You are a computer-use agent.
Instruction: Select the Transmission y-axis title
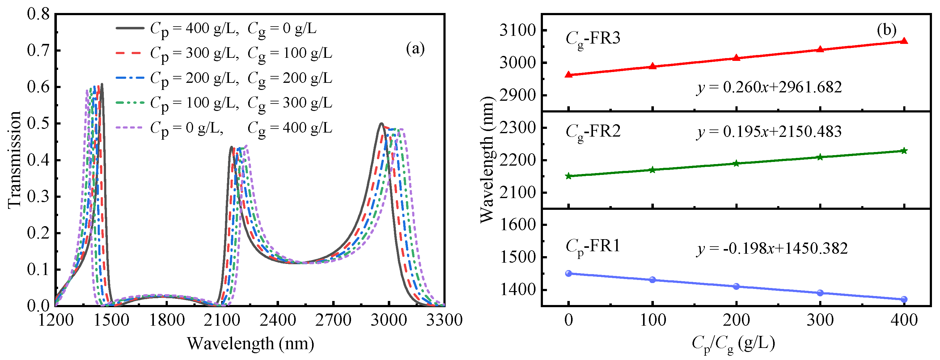(15, 160)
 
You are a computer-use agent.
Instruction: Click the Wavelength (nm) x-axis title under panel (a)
(250, 344)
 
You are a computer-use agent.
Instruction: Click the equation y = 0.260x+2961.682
(769, 87)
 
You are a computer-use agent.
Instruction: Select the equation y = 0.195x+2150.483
(769, 132)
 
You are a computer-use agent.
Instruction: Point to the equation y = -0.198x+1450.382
(772, 249)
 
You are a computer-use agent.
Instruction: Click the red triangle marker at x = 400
(904, 41)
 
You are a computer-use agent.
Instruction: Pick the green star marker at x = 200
(736, 163)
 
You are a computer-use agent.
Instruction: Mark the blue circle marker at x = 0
(568, 273)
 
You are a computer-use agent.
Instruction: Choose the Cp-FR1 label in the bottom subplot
(593, 247)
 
